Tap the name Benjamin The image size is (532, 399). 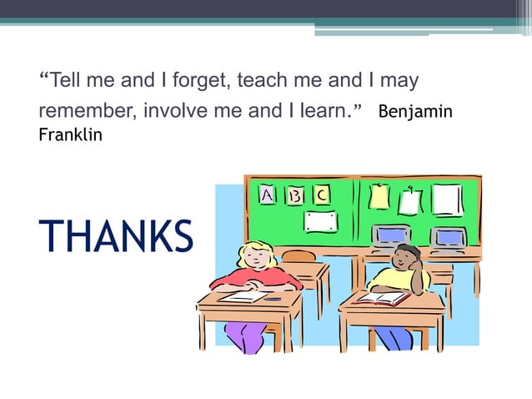(x=415, y=111)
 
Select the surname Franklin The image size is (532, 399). (x=71, y=134)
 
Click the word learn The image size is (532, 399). (x=327, y=110)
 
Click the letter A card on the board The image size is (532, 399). (x=267, y=194)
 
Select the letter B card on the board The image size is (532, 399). (x=294, y=195)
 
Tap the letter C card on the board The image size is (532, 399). (x=321, y=194)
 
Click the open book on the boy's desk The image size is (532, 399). (x=382, y=298)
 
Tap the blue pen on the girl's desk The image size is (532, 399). (x=273, y=298)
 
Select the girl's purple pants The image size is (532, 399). (x=245, y=336)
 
